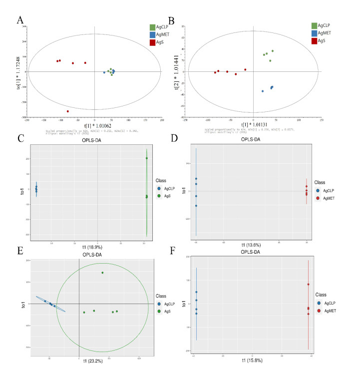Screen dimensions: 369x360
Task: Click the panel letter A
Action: pyautogui.click(x=19, y=20)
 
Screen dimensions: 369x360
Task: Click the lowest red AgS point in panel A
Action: pyautogui.click(x=68, y=111)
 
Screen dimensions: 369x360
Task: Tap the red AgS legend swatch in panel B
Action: pyautogui.click(x=315, y=42)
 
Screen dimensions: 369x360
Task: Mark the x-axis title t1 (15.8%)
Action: pyautogui.click(x=252, y=360)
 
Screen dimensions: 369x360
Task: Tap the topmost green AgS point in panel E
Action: pyautogui.click(x=102, y=273)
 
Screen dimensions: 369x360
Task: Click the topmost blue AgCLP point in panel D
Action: pyautogui.click(x=196, y=179)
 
